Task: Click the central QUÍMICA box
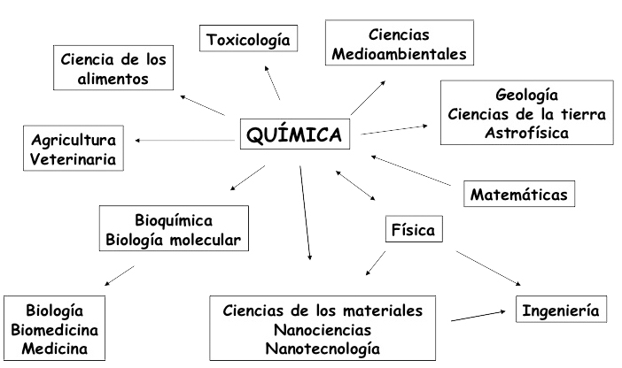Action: click(x=295, y=135)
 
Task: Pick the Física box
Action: click(x=413, y=231)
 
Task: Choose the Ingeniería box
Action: click(x=561, y=310)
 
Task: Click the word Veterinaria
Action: click(x=73, y=159)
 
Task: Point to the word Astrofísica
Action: click(x=526, y=133)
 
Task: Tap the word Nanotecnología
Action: click(x=323, y=348)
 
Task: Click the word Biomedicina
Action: click(x=54, y=329)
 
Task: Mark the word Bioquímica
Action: click(x=174, y=219)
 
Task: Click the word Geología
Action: click(x=526, y=96)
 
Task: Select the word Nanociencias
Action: click(x=323, y=329)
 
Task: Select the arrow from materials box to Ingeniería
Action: click(x=478, y=315)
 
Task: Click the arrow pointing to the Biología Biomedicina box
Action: click(x=120, y=276)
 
